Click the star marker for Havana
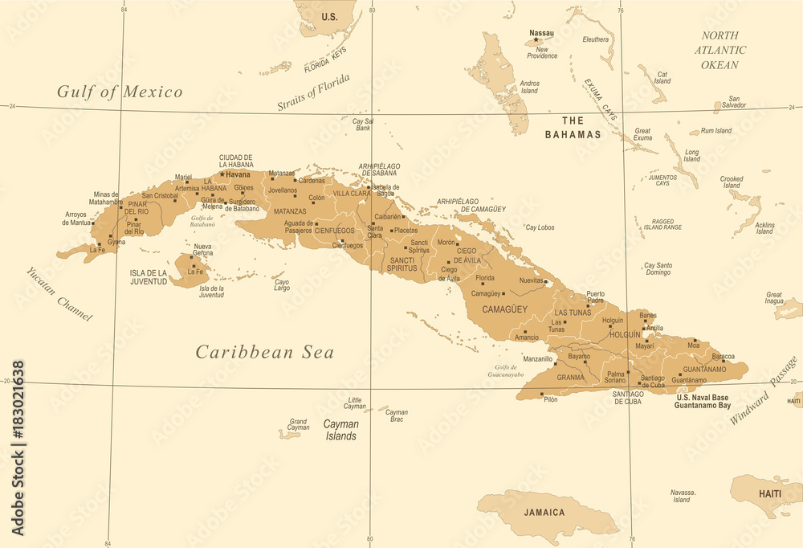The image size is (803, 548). click(x=222, y=174)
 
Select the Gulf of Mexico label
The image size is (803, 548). click(x=120, y=92)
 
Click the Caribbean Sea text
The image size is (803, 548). click(x=265, y=352)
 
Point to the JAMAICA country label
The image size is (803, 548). click(x=544, y=512)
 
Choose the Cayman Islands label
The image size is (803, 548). click(x=340, y=430)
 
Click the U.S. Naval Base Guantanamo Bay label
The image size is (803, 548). click(x=703, y=402)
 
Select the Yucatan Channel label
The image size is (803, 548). click(x=59, y=294)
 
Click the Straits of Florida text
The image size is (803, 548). click(x=314, y=92)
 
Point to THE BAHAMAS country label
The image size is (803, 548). click(x=573, y=128)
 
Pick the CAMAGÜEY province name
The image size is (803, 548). click(x=505, y=309)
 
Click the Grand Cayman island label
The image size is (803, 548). click(x=298, y=424)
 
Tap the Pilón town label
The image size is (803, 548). click(x=550, y=399)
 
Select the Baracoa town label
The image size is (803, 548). click(x=723, y=355)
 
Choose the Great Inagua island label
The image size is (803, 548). click(x=774, y=298)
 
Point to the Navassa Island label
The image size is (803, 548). click(x=681, y=496)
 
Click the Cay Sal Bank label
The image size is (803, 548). click(x=364, y=125)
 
